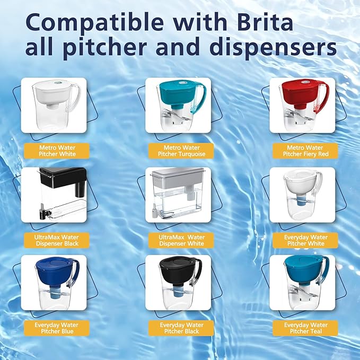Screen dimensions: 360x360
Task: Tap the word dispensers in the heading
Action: click(273, 47)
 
